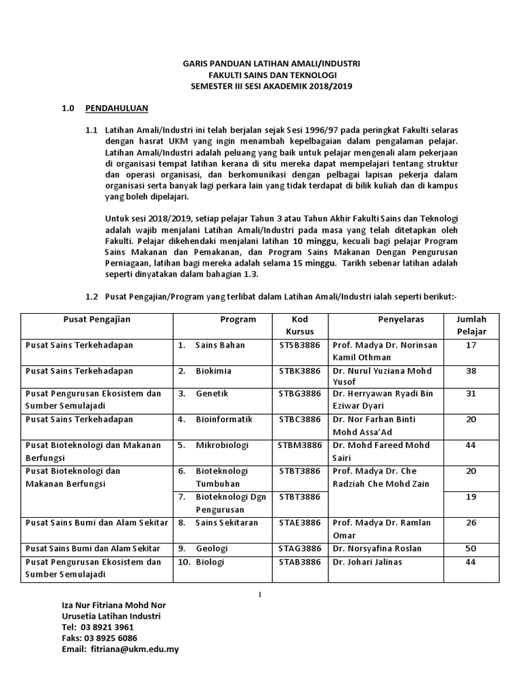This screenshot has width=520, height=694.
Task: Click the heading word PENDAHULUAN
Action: click(x=116, y=108)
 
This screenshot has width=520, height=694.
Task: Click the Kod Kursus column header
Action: click(x=299, y=325)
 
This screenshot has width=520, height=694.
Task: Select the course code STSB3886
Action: click(x=299, y=345)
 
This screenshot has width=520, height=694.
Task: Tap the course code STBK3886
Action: click(x=299, y=371)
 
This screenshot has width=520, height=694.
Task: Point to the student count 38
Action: click(x=471, y=371)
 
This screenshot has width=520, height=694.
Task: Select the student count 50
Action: click(x=471, y=548)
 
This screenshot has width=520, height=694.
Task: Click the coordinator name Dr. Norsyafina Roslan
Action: click(x=377, y=548)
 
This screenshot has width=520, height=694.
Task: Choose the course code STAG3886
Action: click(x=299, y=548)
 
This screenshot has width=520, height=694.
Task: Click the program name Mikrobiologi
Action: click(x=223, y=445)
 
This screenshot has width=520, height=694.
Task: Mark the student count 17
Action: click(x=471, y=345)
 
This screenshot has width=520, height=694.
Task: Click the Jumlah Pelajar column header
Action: click(x=471, y=325)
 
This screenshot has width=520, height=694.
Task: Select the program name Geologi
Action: click(x=211, y=548)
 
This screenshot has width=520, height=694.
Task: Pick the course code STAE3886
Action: click(x=299, y=523)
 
